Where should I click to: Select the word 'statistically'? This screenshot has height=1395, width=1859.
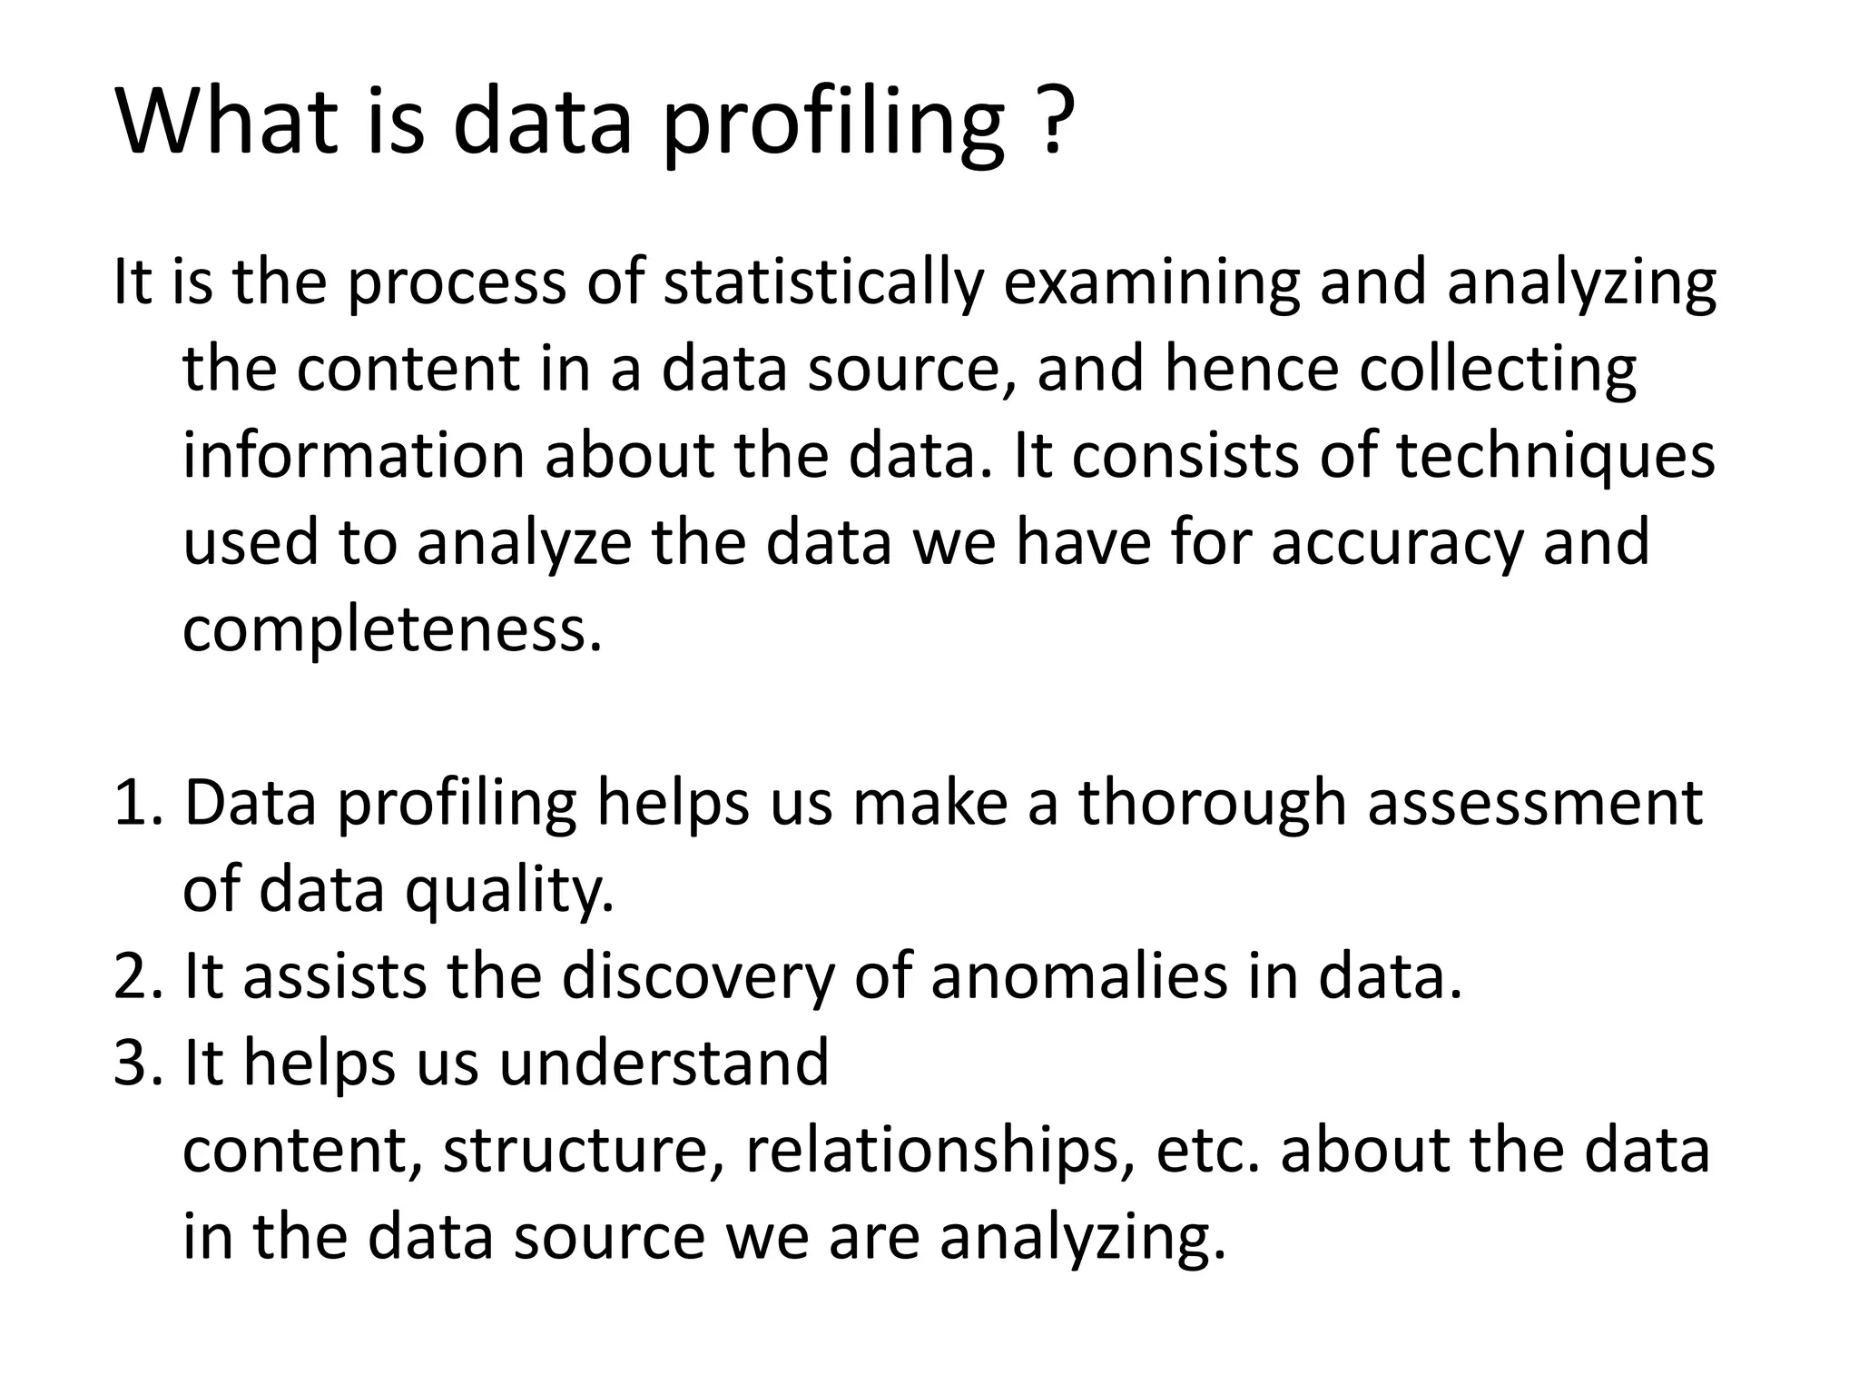coord(822,283)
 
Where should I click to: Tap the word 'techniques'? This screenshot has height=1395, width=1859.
coord(1555,456)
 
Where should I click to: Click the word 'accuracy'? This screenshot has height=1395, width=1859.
coord(1395,543)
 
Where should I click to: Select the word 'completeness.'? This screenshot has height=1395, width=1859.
coord(392,629)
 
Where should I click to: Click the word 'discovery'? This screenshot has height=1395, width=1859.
coord(697,976)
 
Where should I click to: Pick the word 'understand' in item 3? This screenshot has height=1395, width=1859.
coord(664,1063)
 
